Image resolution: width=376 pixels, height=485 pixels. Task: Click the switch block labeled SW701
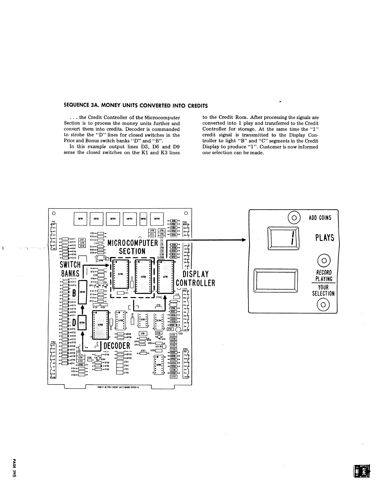pyautogui.click(x=80, y=219)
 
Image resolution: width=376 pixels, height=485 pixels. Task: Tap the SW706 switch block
pyautogui.click(x=157, y=219)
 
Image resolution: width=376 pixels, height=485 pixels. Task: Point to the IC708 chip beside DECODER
pyautogui.click(x=100, y=324)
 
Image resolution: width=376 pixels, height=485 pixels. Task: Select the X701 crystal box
pyautogui.click(x=143, y=333)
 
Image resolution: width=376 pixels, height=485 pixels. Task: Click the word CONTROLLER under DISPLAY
pyautogui.click(x=195, y=283)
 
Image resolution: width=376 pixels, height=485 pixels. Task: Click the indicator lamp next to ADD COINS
pyautogui.click(x=294, y=218)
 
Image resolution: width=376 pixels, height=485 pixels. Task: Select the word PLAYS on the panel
pyautogui.click(x=325, y=238)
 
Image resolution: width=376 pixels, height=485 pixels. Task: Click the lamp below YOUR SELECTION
pyautogui.click(x=323, y=305)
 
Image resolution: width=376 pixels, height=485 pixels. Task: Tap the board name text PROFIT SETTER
pyautogui.click(x=102, y=387)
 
